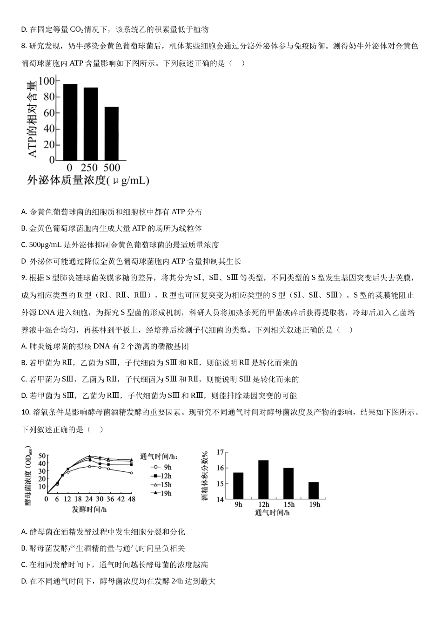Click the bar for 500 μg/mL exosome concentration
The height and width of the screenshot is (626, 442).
click(111, 133)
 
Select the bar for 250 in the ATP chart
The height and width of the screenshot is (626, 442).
click(90, 123)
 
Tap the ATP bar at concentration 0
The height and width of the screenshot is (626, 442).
click(70, 122)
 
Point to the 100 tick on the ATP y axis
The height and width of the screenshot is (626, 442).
click(47, 81)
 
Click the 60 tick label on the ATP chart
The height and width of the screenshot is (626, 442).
click(49, 113)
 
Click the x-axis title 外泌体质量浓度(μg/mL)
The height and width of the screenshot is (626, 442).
click(88, 180)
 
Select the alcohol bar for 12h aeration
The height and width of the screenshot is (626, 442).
click(263, 480)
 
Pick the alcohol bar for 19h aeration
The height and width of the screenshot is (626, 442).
click(314, 490)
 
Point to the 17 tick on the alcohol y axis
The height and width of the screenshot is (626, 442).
click(220, 452)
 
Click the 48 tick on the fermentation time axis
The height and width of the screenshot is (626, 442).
click(131, 499)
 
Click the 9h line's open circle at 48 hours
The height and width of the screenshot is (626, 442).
click(131, 473)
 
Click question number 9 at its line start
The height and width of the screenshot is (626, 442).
click(24, 278)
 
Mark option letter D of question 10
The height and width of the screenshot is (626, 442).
click(24, 581)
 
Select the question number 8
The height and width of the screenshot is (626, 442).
click(24, 46)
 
